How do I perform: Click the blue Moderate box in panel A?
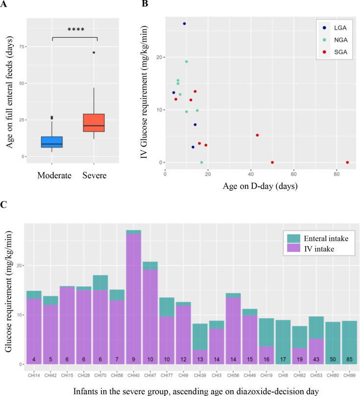[66, 142]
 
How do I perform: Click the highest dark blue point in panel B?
[184, 24]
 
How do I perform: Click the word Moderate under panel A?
[55, 175]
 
